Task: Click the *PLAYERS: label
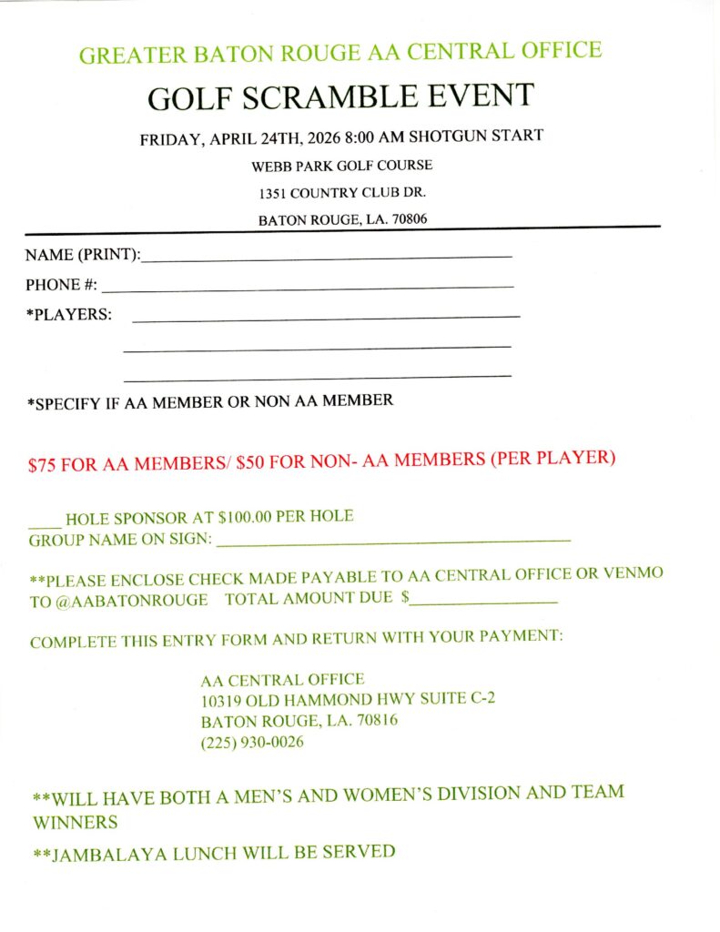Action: point(69,315)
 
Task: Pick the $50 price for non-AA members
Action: point(250,461)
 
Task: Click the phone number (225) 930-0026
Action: point(252,743)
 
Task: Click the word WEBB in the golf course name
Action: point(272,166)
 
